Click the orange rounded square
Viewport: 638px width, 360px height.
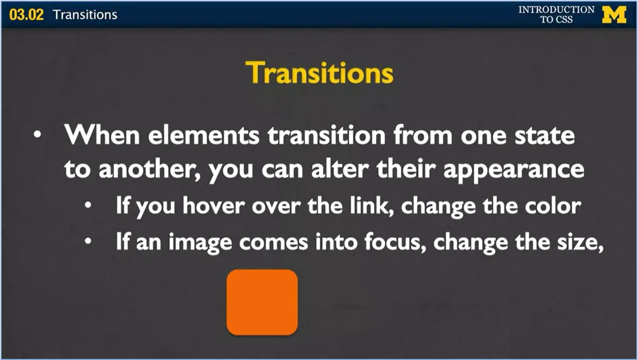[x=262, y=302]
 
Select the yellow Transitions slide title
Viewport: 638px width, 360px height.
[x=319, y=73]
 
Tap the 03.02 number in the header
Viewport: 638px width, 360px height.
[x=26, y=14]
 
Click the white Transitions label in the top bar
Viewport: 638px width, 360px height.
[x=85, y=14]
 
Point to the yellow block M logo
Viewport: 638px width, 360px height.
[x=614, y=14]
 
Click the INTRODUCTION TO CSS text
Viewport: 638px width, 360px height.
[x=556, y=14]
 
